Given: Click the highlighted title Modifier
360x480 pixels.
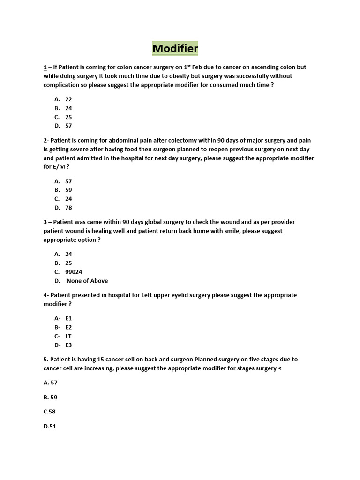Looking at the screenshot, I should (175, 48).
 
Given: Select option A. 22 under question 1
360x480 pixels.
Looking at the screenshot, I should (63, 99).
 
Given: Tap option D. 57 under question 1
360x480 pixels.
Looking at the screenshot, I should (63, 126).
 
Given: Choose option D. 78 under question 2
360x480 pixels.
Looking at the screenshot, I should (63, 208).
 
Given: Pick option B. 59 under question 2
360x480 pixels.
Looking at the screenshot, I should (63, 190).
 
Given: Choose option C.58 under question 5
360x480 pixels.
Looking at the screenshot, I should (50, 412).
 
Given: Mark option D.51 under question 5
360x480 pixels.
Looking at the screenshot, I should (50, 427).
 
